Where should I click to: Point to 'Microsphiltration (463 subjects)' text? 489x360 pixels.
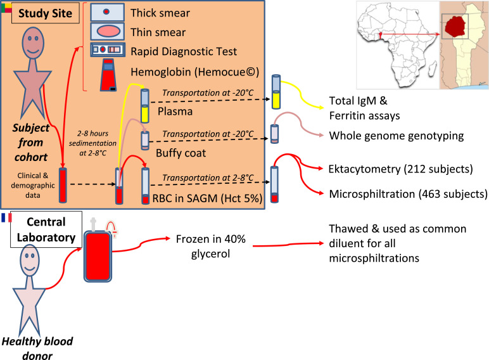[408, 193]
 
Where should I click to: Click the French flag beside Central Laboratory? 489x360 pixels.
[6, 217]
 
